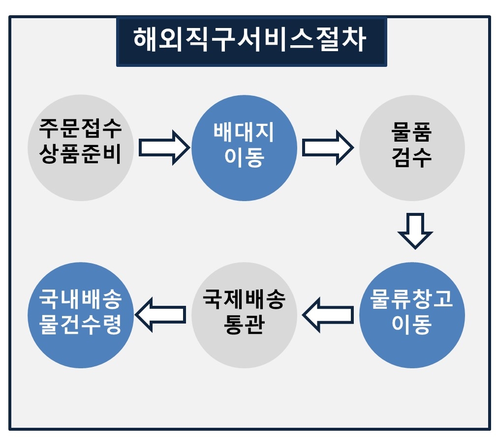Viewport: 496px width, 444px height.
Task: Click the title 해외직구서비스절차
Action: coord(250,39)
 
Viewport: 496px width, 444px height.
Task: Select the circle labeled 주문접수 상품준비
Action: coord(81,148)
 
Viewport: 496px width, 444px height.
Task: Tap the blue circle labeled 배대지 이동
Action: coord(244,148)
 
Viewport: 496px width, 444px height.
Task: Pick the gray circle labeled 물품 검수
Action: coord(412,148)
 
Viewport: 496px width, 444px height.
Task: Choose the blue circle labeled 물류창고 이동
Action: coord(412,315)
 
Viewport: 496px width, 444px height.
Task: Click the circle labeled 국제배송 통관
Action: coord(244,315)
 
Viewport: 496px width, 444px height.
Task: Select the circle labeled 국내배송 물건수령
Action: coord(81,315)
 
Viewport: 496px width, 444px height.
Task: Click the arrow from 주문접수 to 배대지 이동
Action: coord(164,148)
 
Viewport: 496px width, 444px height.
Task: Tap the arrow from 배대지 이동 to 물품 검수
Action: coord(328,148)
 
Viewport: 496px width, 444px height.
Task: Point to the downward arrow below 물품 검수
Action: coord(415,231)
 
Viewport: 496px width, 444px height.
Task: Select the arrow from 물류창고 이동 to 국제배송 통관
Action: coord(328,315)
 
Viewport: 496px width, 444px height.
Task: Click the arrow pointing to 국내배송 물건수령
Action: coord(160,315)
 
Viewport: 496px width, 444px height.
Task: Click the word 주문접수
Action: coord(80,129)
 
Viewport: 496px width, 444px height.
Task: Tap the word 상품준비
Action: coord(80,154)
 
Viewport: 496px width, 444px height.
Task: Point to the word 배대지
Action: coord(244,132)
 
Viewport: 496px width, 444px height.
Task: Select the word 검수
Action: coord(411,158)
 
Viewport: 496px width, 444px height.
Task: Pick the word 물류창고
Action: coord(411,298)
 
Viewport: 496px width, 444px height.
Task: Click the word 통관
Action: coord(244,324)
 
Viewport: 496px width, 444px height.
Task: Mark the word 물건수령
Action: coord(80,324)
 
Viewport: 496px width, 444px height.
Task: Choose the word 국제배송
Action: coord(244,298)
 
